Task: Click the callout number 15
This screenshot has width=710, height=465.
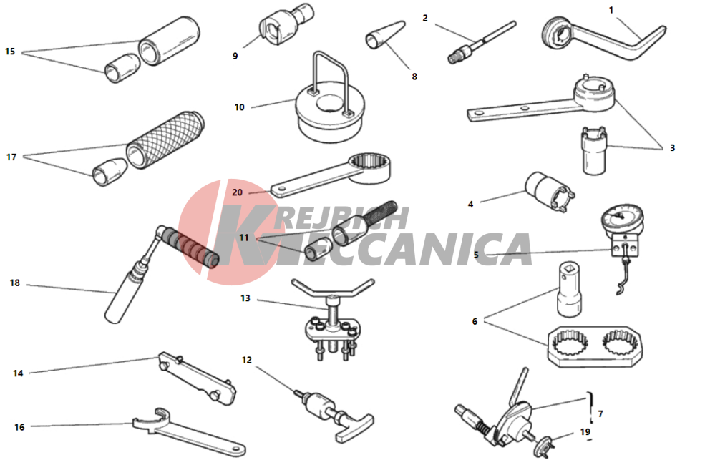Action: [x=10, y=52]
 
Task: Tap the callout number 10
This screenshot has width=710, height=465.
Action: [x=240, y=107]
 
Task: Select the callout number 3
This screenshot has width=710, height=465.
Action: [x=672, y=147]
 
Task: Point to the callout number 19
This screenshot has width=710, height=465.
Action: [x=585, y=432]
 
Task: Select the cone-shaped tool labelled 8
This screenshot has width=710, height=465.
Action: [x=385, y=35]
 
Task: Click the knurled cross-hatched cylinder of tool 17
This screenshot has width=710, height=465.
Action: [x=165, y=140]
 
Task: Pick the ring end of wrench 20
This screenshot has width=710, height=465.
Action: [x=370, y=167]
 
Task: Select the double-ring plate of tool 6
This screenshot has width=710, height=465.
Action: [x=595, y=346]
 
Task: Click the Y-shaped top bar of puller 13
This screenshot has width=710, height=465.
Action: [x=333, y=290]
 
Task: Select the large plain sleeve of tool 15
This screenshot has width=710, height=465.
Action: [x=169, y=41]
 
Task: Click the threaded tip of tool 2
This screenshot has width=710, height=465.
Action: [x=454, y=57]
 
